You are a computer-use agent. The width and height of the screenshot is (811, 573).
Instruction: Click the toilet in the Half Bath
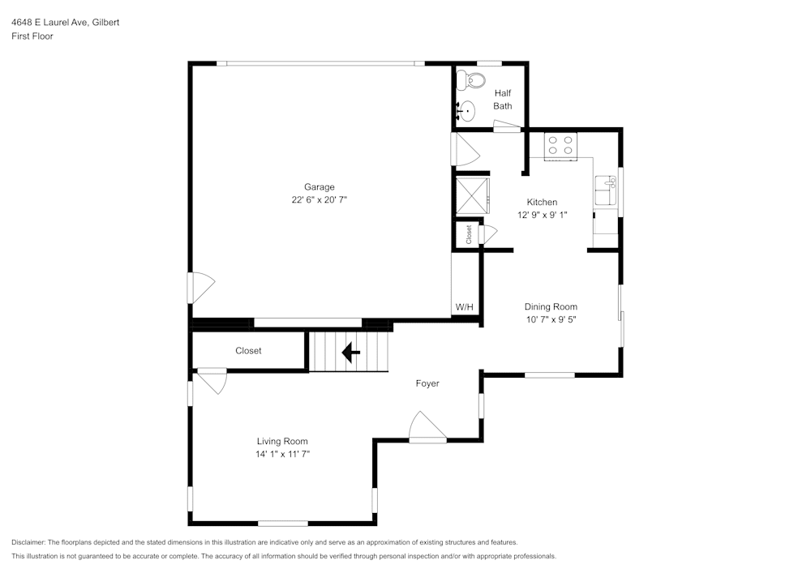(x=470, y=80)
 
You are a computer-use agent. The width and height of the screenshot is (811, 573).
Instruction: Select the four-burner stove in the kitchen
(x=560, y=145)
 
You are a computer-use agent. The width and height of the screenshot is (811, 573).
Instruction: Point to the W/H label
(x=464, y=307)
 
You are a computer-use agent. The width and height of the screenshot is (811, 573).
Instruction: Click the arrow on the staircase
(x=350, y=353)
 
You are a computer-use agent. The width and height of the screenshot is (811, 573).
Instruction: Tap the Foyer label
(x=427, y=383)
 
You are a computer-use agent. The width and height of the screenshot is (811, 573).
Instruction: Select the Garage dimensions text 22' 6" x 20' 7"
(x=319, y=200)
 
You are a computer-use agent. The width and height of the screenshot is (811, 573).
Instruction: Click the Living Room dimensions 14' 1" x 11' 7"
(x=282, y=455)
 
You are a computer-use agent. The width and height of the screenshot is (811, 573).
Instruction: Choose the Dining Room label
(x=551, y=306)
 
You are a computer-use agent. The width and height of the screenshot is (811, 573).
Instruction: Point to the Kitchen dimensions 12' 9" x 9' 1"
(x=543, y=216)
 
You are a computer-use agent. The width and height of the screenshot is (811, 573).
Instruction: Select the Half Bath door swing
(x=507, y=126)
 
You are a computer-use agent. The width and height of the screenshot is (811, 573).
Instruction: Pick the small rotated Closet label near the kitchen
(x=469, y=234)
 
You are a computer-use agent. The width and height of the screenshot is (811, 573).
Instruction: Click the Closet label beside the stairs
(x=248, y=351)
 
